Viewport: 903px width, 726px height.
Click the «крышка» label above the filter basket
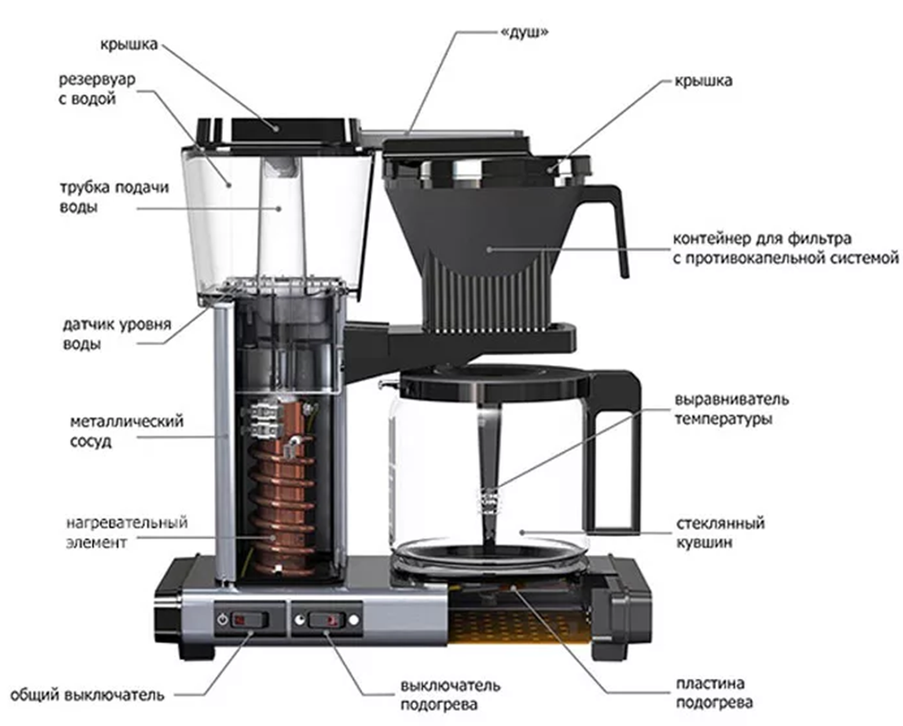[702, 81]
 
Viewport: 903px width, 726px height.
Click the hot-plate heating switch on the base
[328, 620]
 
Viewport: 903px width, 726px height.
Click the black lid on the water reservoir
[279, 127]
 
